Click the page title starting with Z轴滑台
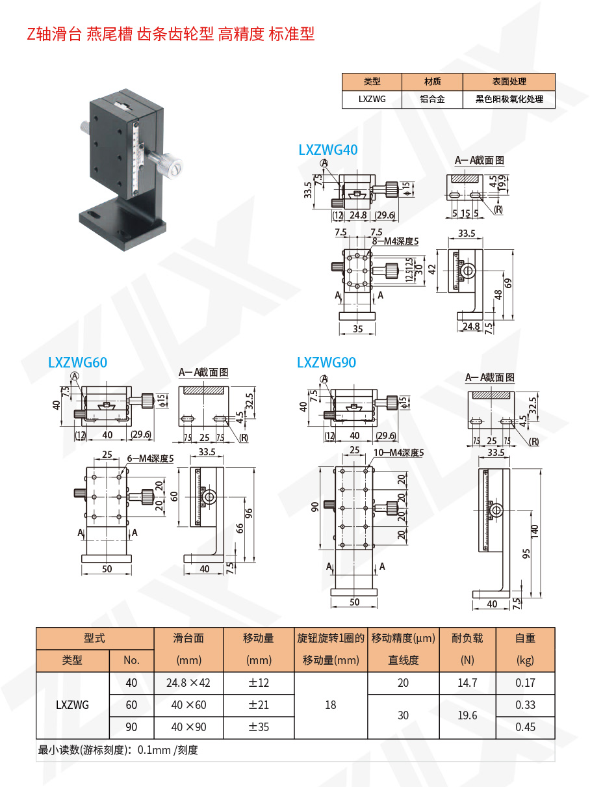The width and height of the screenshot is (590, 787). click(x=171, y=34)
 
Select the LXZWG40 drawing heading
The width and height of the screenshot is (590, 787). click(x=328, y=150)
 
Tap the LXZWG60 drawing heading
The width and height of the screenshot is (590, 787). click(x=77, y=362)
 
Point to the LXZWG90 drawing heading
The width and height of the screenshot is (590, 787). click(x=326, y=362)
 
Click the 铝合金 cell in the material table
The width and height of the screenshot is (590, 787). click(x=432, y=100)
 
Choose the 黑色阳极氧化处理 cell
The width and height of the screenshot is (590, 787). click(x=509, y=100)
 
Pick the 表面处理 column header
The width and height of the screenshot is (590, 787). click(x=509, y=82)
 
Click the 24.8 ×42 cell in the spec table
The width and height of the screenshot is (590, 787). click(x=188, y=683)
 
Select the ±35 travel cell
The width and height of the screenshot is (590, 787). click(x=259, y=727)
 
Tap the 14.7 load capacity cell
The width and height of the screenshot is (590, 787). click(x=467, y=683)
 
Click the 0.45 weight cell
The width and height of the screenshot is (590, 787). click(x=525, y=727)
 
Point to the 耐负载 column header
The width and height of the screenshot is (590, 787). click(x=467, y=638)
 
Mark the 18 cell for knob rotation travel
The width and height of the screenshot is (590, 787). click(x=330, y=705)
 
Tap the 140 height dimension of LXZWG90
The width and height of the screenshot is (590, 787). click(x=534, y=531)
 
